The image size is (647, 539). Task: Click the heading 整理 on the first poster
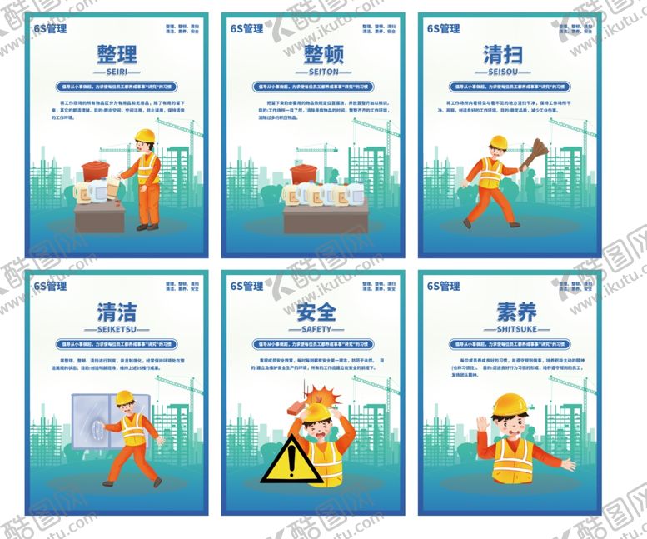pyautogui.click(x=117, y=55)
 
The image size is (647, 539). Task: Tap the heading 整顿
pyautogui.click(x=313, y=55)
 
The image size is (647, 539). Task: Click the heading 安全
pyautogui.click(x=313, y=312)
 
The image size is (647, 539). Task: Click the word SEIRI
pyautogui.click(x=117, y=73)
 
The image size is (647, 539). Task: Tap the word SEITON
pyautogui.click(x=313, y=73)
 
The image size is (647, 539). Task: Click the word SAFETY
pyautogui.click(x=313, y=329)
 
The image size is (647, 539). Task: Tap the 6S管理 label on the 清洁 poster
pyautogui.click(x=51, y=286)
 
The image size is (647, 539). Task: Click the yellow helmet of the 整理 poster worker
pyautogui.click(x=146, y=135)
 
